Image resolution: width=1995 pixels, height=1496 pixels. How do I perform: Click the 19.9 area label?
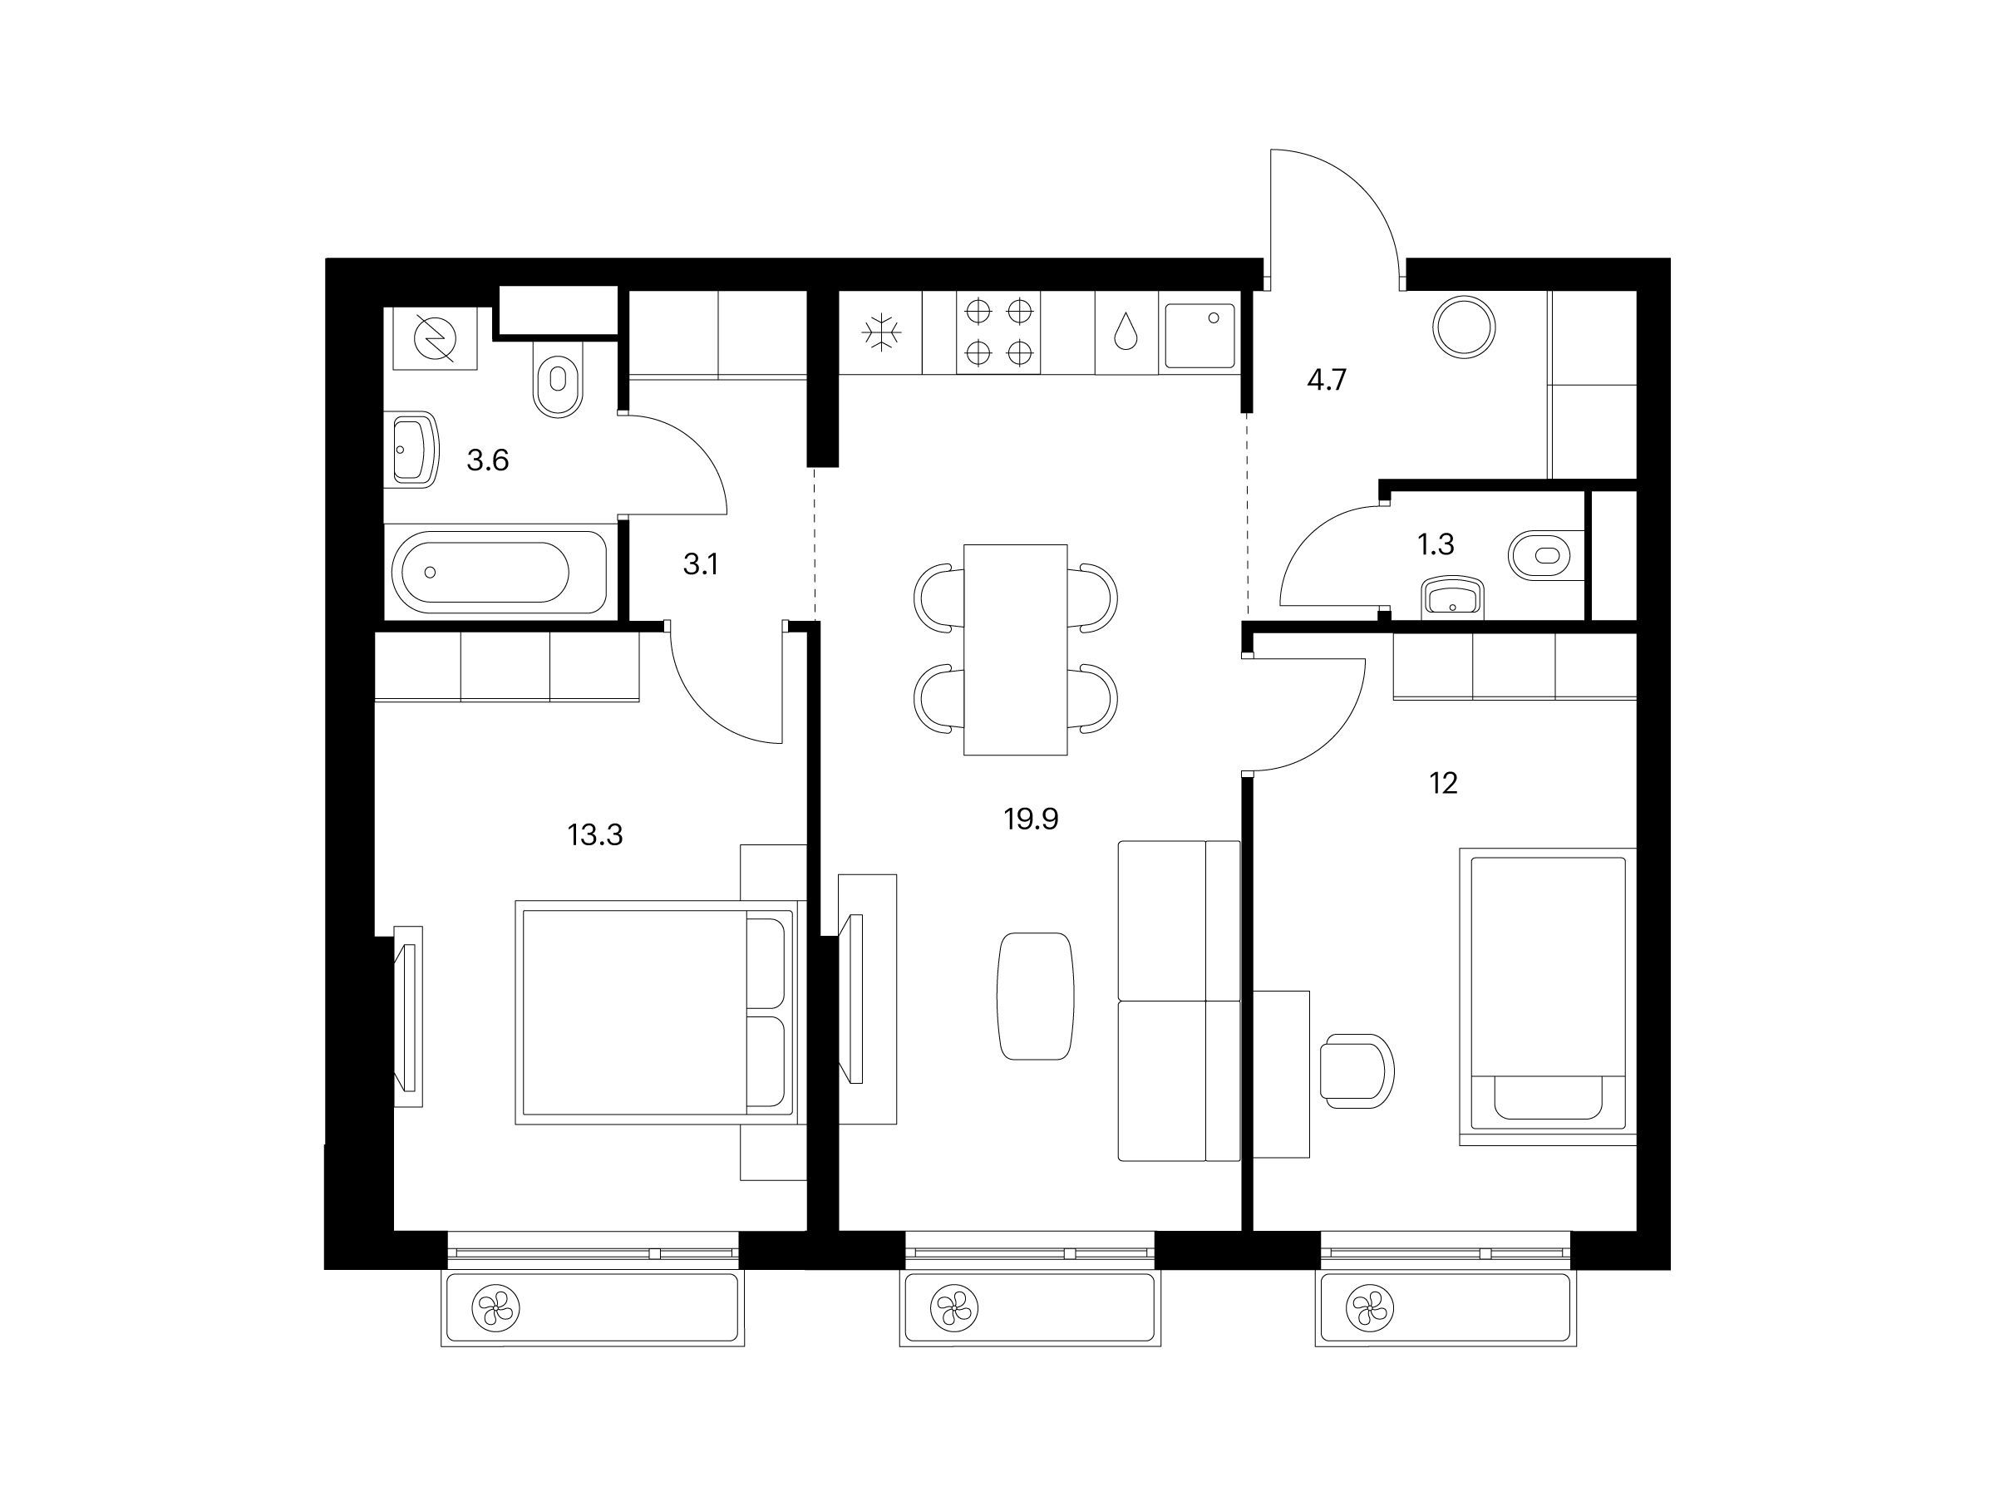pos(1030,819)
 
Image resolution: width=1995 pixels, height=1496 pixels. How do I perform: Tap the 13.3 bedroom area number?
pos(595,835)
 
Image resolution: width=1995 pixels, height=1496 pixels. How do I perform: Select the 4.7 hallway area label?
pos(1327,380)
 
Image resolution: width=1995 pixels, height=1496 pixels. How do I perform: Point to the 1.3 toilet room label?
pos(1435,544)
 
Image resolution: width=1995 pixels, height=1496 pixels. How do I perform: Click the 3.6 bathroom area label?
pos(487,460)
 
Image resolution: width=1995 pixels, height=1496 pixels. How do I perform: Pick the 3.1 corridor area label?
pos(701,564)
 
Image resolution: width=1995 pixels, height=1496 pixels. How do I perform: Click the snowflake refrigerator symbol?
pos(881,332)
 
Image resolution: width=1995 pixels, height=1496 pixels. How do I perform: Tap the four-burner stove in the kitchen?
pos(998,332)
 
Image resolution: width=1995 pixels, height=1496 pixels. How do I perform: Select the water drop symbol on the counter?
pos(1126,331)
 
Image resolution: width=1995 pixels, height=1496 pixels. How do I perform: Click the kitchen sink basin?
pos(1199,336)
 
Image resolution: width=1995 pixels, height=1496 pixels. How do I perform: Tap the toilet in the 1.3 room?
pos(1546,554)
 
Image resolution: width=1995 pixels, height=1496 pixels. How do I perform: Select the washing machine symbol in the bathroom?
pos(435,339)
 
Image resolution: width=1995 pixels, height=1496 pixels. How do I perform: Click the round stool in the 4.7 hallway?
pos(1464,326)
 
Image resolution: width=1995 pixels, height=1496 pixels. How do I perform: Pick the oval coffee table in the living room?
pos(1036,997)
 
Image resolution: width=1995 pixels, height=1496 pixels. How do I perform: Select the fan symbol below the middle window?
pos(954,1307)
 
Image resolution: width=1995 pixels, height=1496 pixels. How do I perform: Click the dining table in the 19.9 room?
pos(1016,649)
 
